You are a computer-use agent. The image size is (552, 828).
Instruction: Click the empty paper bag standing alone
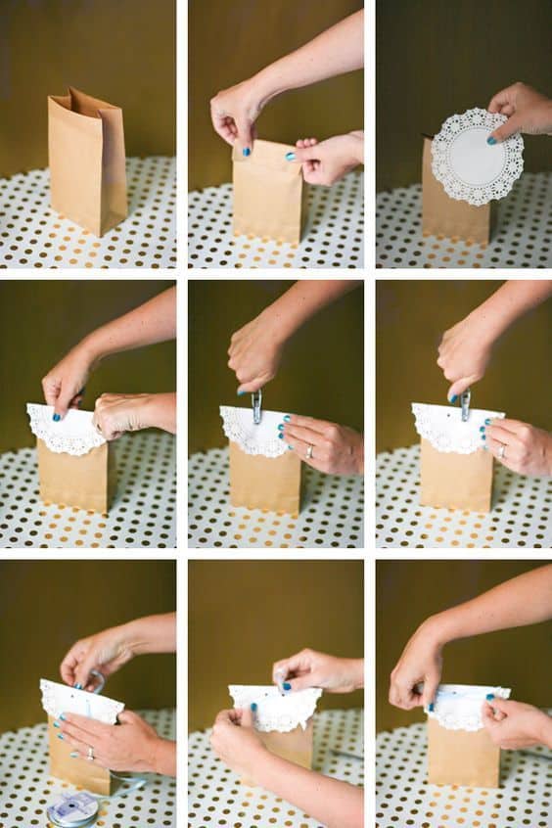(x=87, y=166)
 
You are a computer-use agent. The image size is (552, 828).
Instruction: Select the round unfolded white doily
(x=477, y=157)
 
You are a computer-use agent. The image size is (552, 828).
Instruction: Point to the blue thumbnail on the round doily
(x=492, y=139)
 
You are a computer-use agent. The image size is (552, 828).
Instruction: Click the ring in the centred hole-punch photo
(x=310, y=451)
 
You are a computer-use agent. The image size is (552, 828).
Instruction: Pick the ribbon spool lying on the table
(x=74, y=806)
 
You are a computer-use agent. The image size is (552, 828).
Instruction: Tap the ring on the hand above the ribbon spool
(x=90, y=753)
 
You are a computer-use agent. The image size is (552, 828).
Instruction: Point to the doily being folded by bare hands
(x=275, y=707)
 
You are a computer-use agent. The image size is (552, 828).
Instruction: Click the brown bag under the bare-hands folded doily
(x=289, y=749)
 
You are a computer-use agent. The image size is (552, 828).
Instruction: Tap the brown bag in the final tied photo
(x=463, y=754)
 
